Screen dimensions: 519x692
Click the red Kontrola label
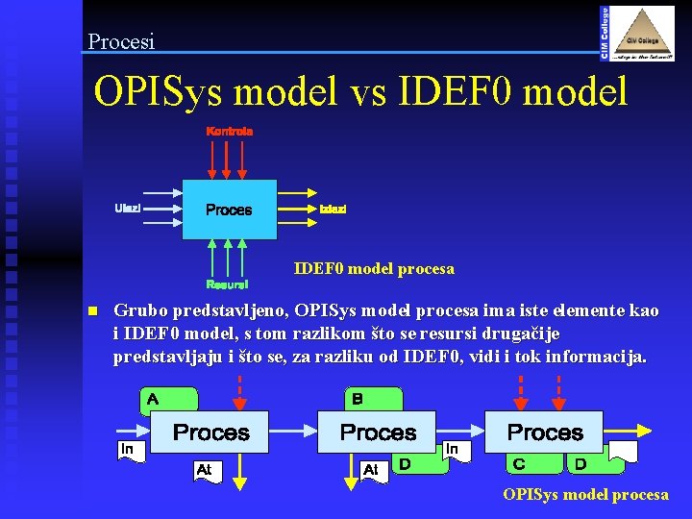pos(229,131)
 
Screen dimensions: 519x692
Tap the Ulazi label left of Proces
pos(128,208)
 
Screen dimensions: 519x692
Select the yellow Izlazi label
pos(333,209)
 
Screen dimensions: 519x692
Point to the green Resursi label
pos(227,284)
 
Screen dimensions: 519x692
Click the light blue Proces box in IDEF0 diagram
pos(229,210)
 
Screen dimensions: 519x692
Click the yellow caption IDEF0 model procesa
pos(374,268)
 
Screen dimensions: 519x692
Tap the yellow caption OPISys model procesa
pos(586,494)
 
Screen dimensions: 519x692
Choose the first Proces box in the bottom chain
pos(210,432)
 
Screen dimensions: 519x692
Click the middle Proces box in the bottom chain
pos(378,432)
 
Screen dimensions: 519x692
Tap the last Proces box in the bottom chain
pos(545,432)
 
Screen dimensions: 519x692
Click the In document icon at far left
pos(129,450)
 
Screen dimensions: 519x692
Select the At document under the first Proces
pos(206,470)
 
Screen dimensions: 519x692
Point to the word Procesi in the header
pos(120,41)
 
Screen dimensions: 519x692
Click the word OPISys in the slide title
pos(160,92)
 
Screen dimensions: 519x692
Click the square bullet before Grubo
pos(92,311)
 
